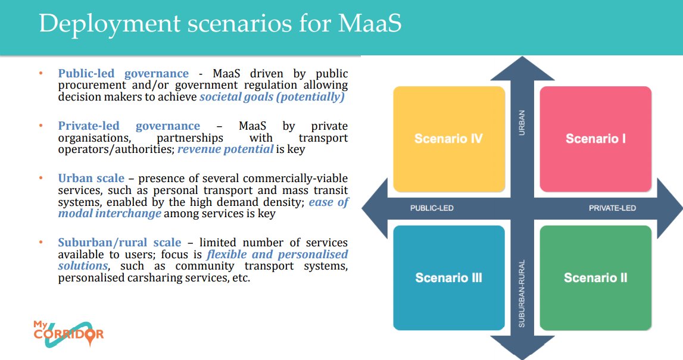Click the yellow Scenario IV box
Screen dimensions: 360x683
click(448, 139)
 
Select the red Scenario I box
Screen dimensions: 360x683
click(595, 139)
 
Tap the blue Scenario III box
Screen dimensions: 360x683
click(448, 278)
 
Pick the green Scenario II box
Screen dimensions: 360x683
click(595, 278)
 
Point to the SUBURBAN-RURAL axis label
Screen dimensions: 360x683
click(522, 293)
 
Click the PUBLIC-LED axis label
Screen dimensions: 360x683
click(432, 208)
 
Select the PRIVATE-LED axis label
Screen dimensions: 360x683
click(612, 208)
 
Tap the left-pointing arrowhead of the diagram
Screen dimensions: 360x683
click(373, 208)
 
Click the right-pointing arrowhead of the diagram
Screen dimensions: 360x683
click(670, 208)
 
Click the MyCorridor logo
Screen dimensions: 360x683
click(68, 334)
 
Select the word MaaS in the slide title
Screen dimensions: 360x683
click(370, 23)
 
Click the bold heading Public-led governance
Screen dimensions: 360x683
click(123, 74)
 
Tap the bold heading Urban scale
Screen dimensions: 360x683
click(91, 179)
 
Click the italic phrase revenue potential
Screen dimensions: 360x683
click(226, 149)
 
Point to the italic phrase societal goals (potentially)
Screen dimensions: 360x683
click(272, 97)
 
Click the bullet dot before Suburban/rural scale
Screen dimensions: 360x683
click(41, 242)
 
